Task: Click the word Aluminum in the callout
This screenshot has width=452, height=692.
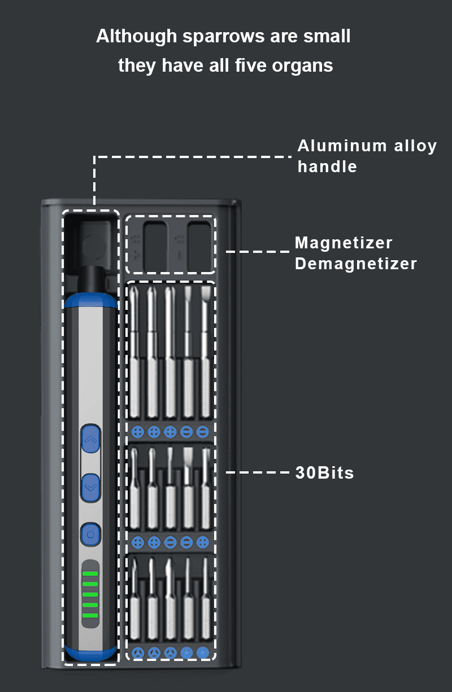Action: (334, 146)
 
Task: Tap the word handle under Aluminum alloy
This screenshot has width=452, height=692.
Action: (327, 167)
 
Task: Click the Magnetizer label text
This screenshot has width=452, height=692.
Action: (344, 243)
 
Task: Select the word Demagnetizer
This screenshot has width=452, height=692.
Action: (356, 264)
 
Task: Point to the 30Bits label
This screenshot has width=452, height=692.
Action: (324, 472)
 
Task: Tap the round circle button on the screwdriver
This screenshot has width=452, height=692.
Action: (90, 533)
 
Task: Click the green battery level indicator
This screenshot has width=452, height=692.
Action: (90, 595)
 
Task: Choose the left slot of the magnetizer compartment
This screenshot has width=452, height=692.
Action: (155, 246)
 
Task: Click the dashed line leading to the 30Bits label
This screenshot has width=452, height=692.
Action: (257, 472)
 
